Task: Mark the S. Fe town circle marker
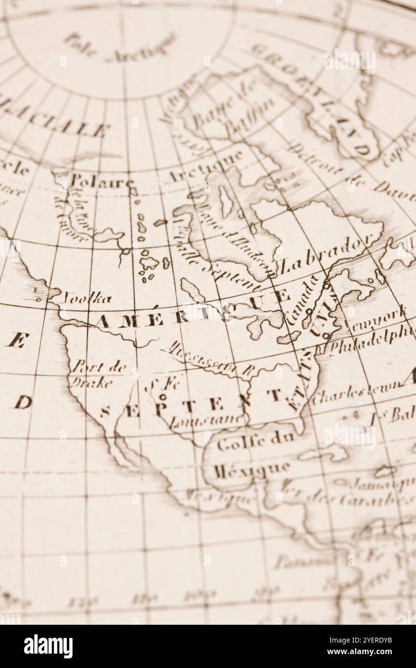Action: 163,397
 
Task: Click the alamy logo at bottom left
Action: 48,646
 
